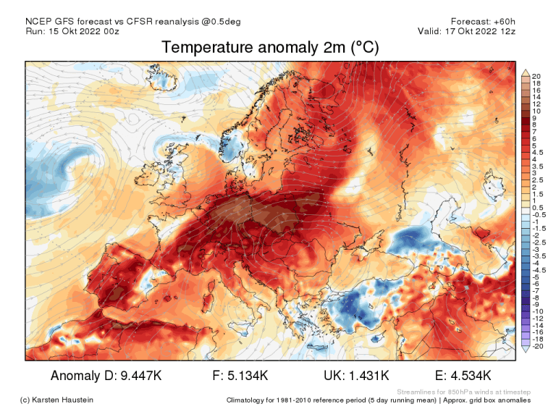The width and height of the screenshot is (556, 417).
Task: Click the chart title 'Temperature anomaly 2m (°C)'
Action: [x=269, y=48]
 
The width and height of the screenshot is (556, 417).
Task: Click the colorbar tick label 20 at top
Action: [x=536, y=76]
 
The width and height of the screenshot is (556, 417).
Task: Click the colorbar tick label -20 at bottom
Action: [x=537, y=346]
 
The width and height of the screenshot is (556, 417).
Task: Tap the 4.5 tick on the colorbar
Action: [x=538, y=153]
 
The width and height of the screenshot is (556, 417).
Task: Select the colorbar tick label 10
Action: [x=536, y=111]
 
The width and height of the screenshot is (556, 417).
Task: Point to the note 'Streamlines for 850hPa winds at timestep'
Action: [x=463, y=391]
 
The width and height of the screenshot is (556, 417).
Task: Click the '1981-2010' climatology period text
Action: [x=308, y=400]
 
